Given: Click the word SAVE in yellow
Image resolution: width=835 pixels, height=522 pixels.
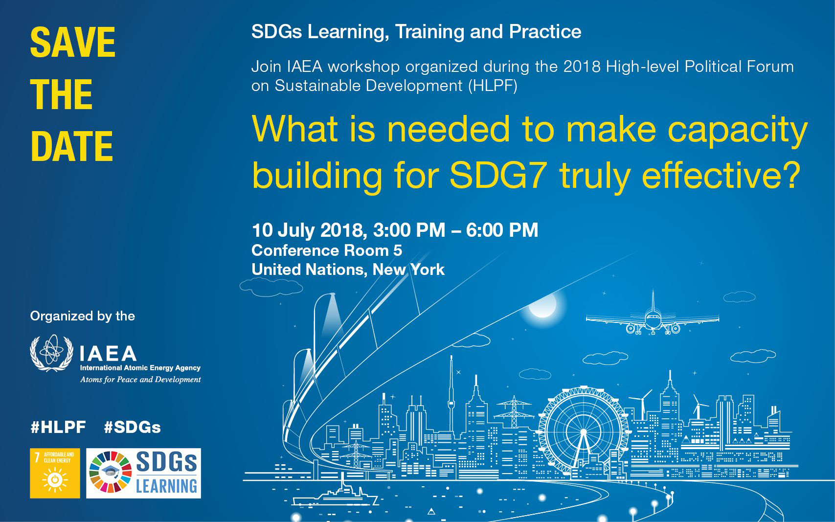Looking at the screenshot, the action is tap(73, 42).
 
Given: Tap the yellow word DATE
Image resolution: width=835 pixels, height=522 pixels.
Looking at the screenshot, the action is tap(71, 146).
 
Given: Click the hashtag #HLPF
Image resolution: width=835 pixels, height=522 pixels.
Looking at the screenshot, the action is tap(58, 427).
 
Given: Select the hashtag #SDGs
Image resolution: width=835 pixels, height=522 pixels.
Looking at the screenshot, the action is tap(133, 427).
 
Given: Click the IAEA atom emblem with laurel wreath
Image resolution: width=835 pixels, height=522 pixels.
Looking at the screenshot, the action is tap(51, 353).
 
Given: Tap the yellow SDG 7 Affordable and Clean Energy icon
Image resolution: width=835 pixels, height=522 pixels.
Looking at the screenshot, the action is tap(55, 473).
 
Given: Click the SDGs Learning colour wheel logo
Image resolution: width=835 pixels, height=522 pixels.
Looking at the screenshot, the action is tap(110, 472).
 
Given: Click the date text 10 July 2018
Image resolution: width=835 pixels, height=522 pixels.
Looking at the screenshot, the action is tap(307, 230).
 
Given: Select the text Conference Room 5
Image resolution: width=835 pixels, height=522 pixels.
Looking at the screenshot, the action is tap(327, 250).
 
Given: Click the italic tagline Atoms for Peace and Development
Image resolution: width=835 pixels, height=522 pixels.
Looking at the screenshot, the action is tap(140, 380).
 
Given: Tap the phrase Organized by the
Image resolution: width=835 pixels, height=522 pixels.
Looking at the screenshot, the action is tap(82, 316).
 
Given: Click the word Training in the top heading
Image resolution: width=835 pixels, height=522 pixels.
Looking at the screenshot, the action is tap(430, 32).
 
